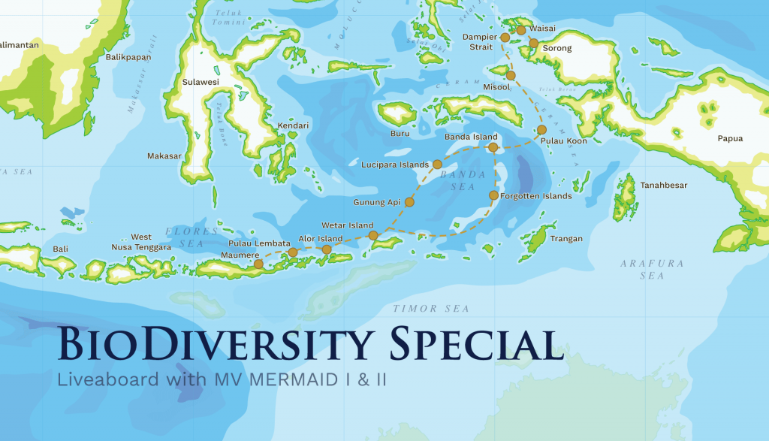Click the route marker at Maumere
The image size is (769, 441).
coord(258,264)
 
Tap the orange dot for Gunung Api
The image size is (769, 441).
coord(409,202)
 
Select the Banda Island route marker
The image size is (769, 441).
coord(493,147)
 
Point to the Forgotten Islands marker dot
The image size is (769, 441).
coord(493,195)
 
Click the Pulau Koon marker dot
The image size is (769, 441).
coord(541,130)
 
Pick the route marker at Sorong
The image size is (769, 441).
coord(533,43)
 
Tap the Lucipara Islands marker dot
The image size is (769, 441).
coord(437,164)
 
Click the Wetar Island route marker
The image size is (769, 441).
coord(373,236)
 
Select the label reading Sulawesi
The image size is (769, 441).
coord(201,82)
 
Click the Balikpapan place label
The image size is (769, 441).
coord(128,57)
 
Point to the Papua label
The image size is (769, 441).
coord(730,138)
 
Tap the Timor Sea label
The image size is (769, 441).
coord(431,309)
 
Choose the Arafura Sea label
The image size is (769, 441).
coord(642,270)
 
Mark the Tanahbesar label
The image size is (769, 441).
coord(663,185)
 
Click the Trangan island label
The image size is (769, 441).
coord(566,239)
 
